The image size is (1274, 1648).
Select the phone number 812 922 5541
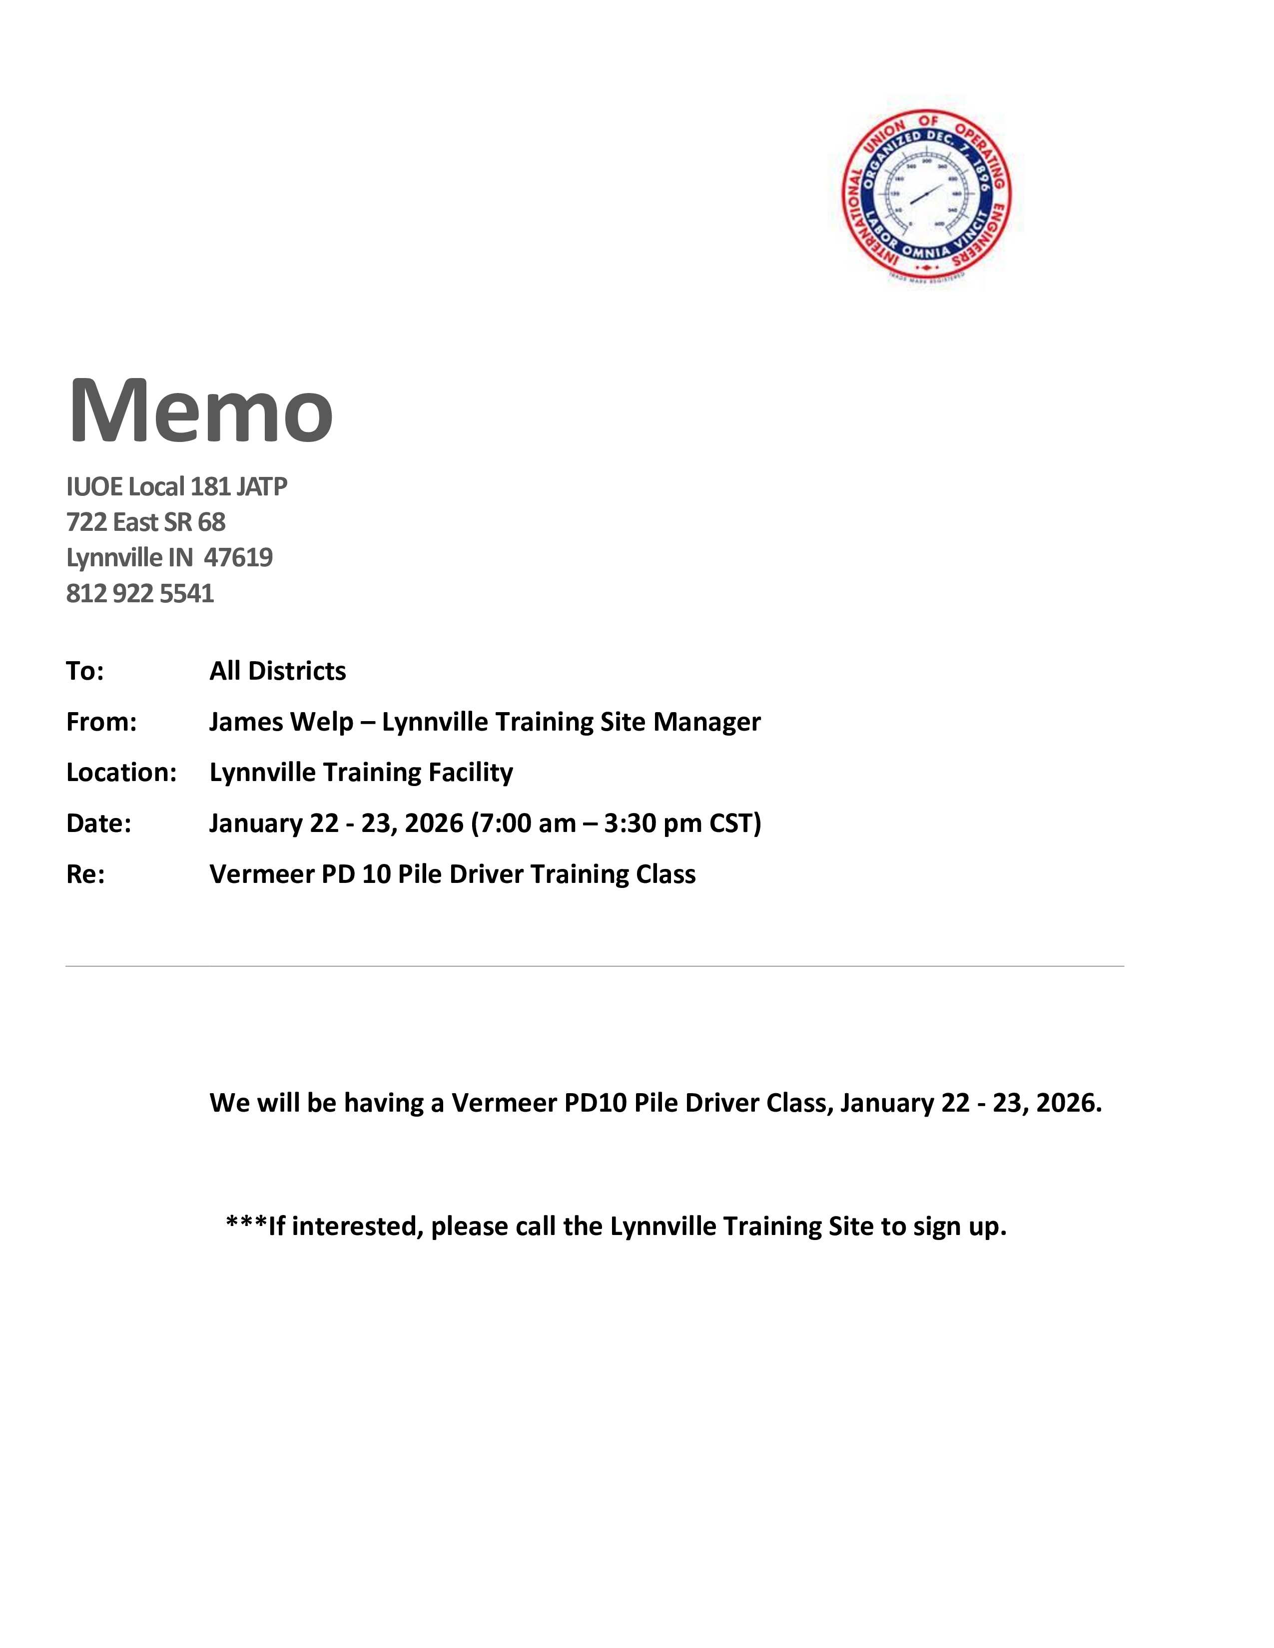coord(139,594)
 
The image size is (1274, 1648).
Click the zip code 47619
coord(238,558)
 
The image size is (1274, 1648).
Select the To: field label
coord(84,671)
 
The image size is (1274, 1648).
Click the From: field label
coord(101,722)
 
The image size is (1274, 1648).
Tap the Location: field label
coord(121,773)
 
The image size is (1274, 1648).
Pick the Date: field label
coord(98,823)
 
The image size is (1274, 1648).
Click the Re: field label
coord(85,874)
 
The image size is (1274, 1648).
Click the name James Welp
coord(281,722)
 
